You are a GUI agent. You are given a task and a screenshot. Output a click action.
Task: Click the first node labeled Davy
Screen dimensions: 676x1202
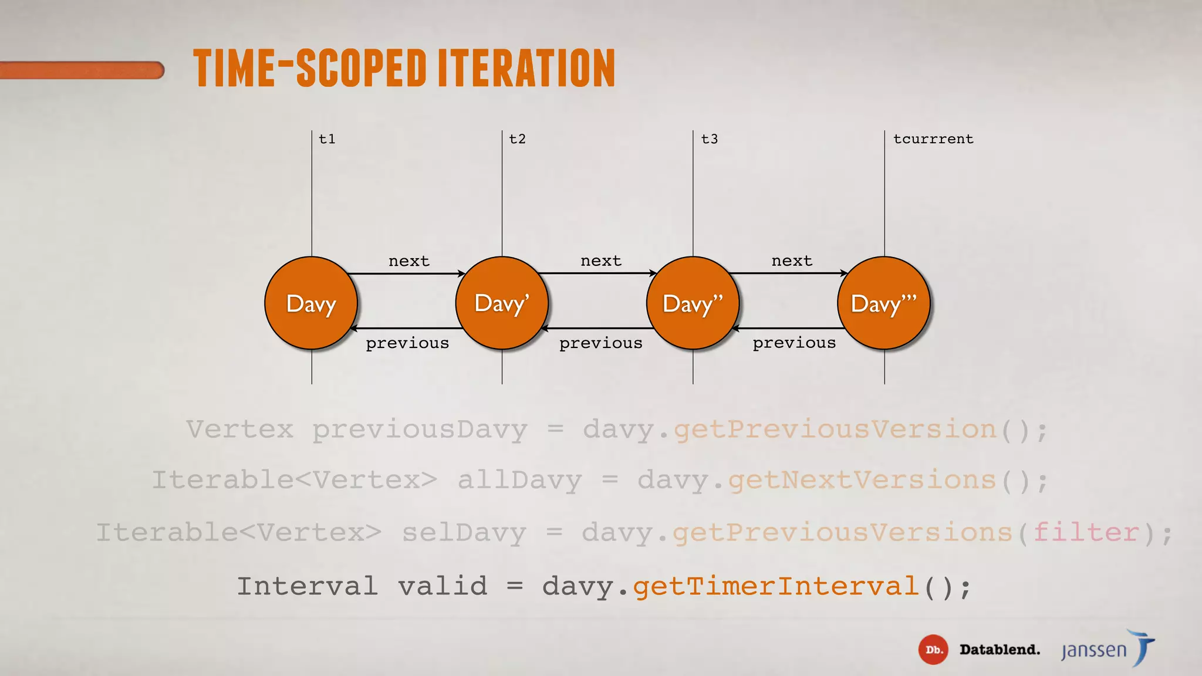coord(311,303)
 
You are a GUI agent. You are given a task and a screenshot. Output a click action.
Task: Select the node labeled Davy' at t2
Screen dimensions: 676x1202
coord(502,303)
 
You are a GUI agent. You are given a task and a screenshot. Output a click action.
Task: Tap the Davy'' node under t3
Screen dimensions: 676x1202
coord(693,303)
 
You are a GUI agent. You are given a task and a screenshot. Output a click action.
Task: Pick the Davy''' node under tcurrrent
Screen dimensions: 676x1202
coord(884,303)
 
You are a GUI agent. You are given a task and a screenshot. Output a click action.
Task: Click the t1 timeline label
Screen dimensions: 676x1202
coord(327,139)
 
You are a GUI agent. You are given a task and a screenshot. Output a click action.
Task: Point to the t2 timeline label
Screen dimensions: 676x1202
coord(517,139)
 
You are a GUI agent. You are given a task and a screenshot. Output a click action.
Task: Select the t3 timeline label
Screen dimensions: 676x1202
coord(709,139)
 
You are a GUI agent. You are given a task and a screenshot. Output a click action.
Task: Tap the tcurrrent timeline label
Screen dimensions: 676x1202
coord(933,139)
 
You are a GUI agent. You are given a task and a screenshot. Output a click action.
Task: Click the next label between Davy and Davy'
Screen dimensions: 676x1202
coord(408,261)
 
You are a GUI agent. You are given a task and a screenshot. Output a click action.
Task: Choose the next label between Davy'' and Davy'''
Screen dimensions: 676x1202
coord(792,261)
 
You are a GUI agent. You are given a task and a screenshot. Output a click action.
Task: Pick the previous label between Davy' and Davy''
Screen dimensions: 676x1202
coord(600,343)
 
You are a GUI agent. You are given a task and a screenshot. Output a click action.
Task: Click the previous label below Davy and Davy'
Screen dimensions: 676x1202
coord(407,343)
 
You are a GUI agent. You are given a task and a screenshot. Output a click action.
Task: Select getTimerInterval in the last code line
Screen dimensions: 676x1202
coord(776,586)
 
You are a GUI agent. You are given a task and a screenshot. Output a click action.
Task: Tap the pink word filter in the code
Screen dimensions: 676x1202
coord(1086,533)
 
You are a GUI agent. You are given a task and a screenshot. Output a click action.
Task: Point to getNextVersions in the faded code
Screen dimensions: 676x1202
coord(862,480)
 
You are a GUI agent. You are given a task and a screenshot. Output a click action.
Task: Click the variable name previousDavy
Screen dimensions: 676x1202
coord(420,430)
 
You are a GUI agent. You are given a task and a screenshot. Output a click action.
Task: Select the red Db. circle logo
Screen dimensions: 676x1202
coord(933,650)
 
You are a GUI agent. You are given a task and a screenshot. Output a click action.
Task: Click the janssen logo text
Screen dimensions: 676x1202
coord(1094,650)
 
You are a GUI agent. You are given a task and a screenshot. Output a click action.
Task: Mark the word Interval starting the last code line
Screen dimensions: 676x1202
coord(307,586)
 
